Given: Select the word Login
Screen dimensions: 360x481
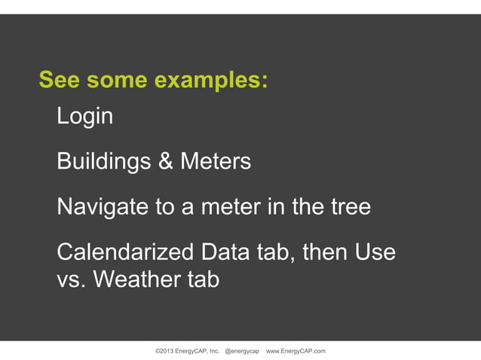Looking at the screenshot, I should click(x=84, y=117).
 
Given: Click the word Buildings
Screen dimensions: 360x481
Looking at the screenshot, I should click(x=104, y=162).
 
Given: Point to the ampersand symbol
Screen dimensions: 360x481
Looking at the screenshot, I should click(x=165, y=162).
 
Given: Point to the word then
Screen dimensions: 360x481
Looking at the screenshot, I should click(x=325, y=252).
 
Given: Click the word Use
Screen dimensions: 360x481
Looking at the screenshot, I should click(x=375, y=252).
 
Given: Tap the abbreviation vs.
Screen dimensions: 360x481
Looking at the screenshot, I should click(x=70, y=280).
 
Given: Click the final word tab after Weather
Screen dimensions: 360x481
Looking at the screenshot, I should click(x=201, y=280).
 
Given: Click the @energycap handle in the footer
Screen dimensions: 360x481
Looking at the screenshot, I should click(x=242, y=352).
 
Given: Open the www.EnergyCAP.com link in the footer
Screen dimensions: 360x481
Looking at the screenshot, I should click(x=296, y=352).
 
